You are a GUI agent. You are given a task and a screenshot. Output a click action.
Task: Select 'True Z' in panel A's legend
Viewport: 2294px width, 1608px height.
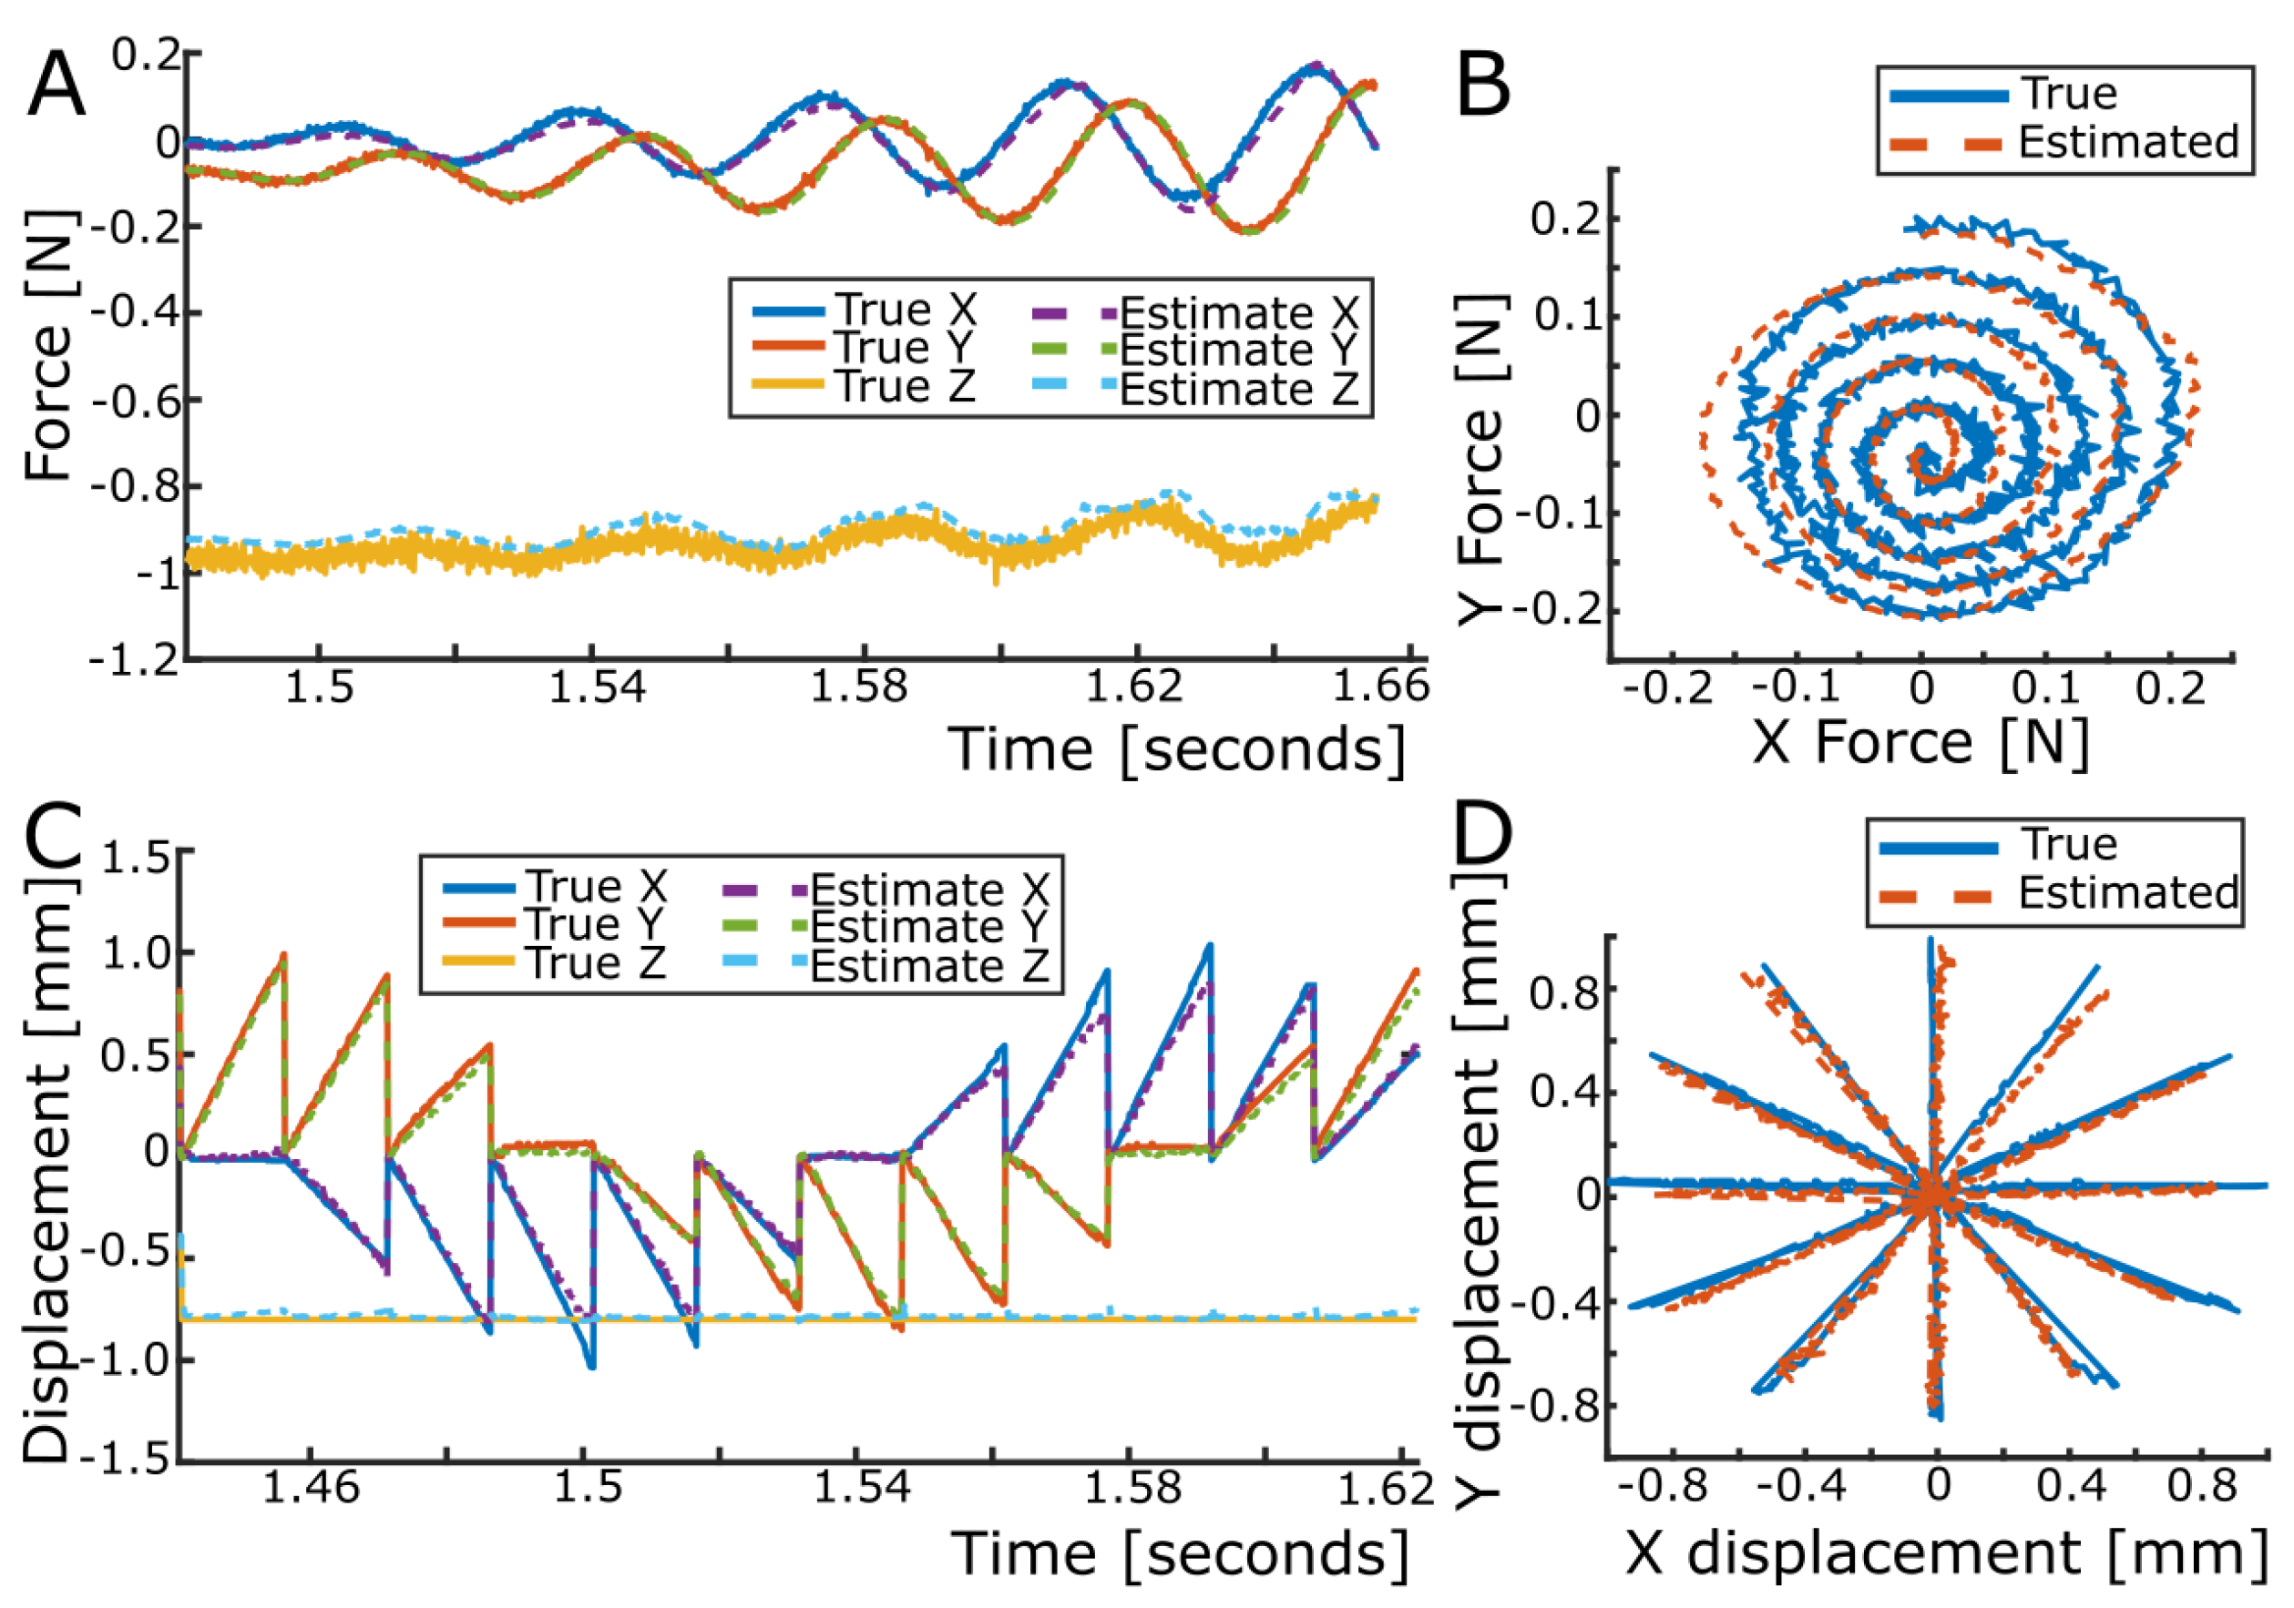905,385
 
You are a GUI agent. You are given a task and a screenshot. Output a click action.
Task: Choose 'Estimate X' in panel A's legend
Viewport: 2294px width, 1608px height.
1238,312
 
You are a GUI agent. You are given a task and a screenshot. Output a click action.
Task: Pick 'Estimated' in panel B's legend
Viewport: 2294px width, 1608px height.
2127,142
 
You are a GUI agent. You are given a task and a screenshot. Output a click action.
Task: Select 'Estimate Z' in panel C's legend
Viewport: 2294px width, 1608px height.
928,966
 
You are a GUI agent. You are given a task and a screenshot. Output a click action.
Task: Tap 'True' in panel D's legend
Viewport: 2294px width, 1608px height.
2068,845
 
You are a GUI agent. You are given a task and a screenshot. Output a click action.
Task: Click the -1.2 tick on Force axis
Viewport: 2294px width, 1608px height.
134,659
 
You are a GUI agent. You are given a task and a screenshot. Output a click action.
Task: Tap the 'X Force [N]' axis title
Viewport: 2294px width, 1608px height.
1920,744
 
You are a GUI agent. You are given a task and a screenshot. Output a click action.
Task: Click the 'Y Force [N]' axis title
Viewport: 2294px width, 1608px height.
1480,460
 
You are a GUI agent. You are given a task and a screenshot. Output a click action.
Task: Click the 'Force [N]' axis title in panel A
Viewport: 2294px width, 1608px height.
50,344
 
